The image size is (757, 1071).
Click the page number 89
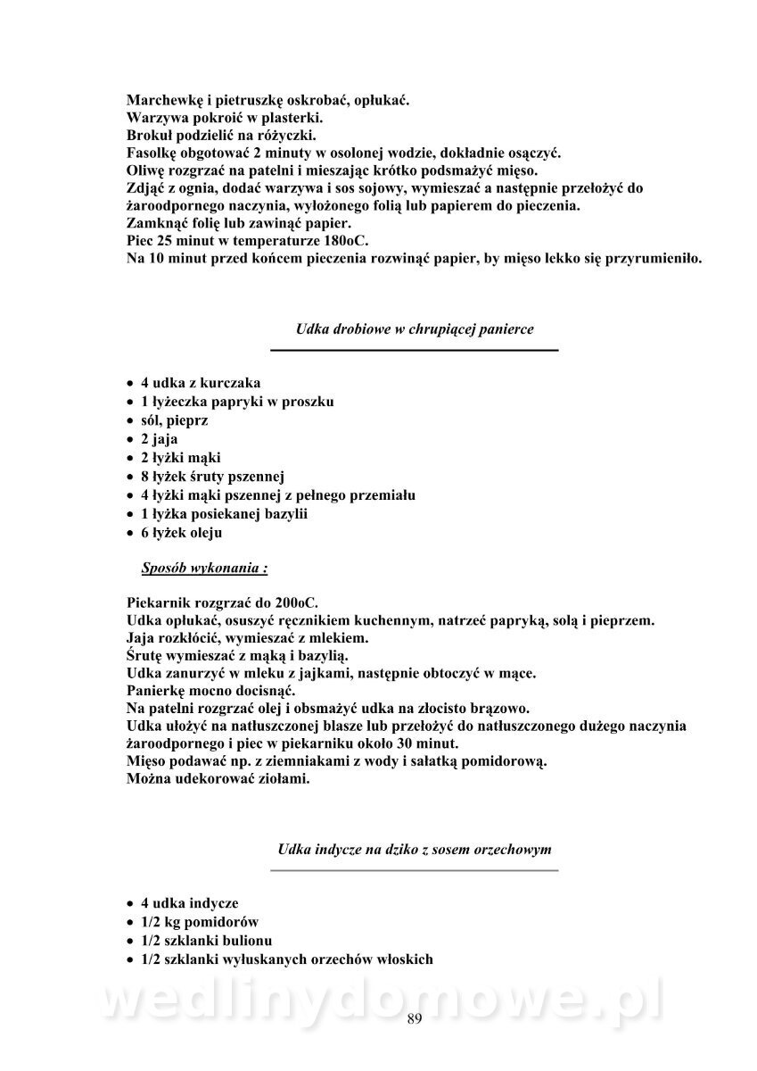click(x=413, y=1020)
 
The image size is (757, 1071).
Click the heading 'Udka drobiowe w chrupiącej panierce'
click(x=415, y=329)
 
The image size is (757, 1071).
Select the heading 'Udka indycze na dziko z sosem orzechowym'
click(x=415, y=848)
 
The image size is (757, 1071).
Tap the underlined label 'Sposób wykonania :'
click(x=204, y=567)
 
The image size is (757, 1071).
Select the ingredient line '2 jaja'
click(x=160, y=439)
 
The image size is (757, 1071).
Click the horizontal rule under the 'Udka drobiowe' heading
click(x=415, y=350)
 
